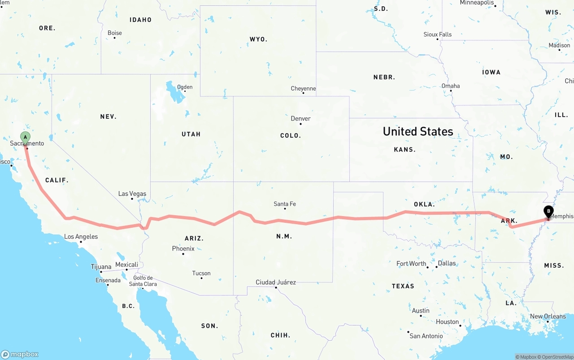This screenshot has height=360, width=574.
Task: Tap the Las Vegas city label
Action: coord(132,194)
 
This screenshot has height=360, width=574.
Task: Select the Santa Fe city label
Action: coord(285,204)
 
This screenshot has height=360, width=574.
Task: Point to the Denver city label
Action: coord(300,119)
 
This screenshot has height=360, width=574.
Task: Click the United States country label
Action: coord(418,131)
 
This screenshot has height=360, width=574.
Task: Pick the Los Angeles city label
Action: coord(81,237)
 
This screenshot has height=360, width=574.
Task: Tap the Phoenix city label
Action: coord(183,248)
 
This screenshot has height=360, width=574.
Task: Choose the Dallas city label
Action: coord(447,263)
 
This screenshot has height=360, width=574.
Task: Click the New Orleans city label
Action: coord(548,317)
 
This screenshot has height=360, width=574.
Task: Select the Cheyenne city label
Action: coord(303,89)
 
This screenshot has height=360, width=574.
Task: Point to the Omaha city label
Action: coord(451,86)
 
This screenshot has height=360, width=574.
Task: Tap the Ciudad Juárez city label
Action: coord(276,282)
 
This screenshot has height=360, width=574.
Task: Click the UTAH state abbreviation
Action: coord(191,134)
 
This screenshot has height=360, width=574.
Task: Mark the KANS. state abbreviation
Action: coord(404,149)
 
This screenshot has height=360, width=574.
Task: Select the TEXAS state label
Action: coord(403,286)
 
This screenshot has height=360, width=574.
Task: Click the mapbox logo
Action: coord(20,354)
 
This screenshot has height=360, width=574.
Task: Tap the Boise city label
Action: coord(115,33)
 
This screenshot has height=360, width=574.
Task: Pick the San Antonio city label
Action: coord(426,336)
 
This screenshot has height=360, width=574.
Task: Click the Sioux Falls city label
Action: coord(438,35)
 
